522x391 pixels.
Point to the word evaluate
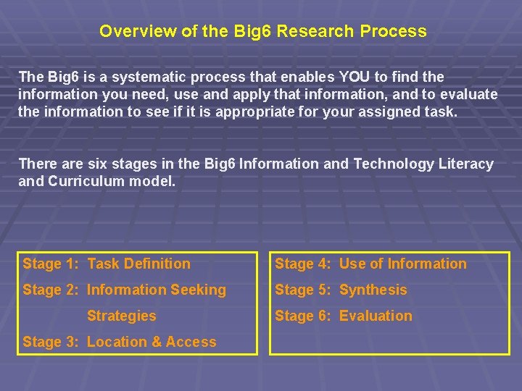[x=469, y=94]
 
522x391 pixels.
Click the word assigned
[x=400, y=112]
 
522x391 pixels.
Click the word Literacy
[x=466, y=164]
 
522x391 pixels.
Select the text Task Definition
[x=138, y=264]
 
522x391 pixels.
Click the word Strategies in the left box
[x=121, y=316]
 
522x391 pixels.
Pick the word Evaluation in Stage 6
[x=376, y=316]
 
